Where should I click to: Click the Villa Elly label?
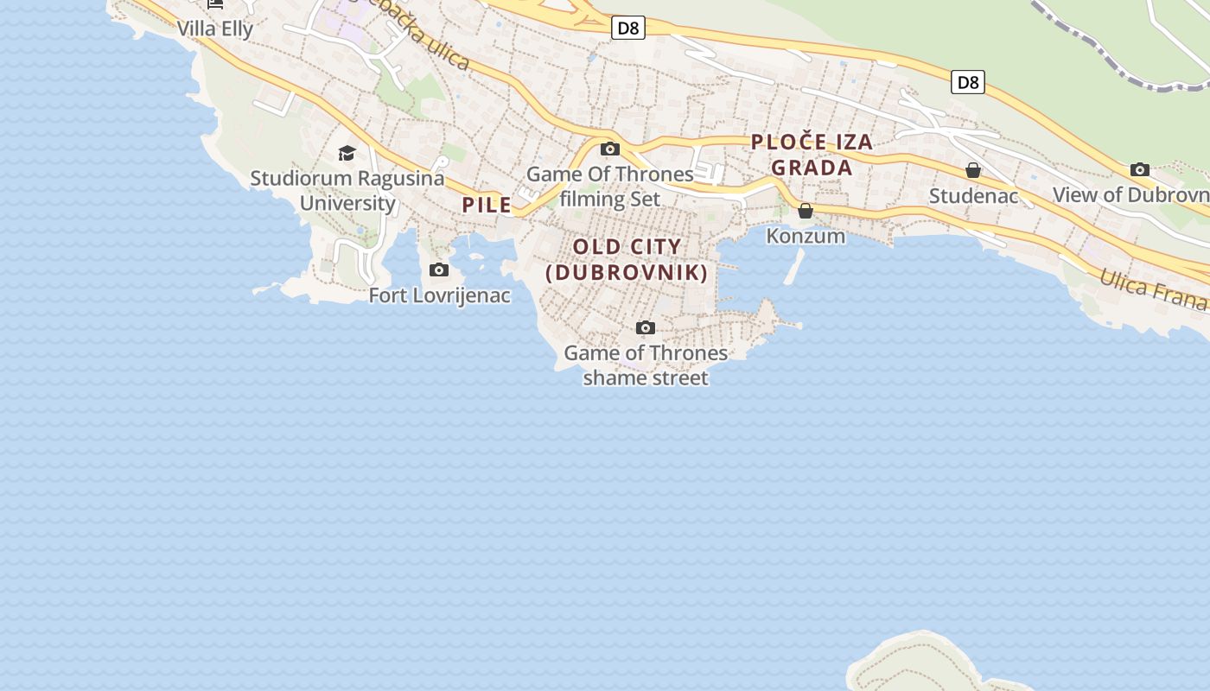pyautogui.click(x=215, y=29)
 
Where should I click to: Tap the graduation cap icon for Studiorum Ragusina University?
pyautogui.click(x=347, y=154)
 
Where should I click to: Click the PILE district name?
pyautogui.click(x=487, y=205)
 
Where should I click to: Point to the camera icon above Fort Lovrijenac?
pyautogui.click(x=439, y=269)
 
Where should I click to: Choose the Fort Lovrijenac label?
pyautogui.click(x=439, y=295)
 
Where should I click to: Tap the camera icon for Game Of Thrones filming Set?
pyautogui.click(x=610, y=149)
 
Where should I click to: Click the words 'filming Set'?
pyautogui.click(x=610, y=199)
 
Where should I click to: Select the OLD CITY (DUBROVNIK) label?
pyautogui.click(x=627, y=260)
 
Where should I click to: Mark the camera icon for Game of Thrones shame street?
pyautogui.click(x=646, y=327)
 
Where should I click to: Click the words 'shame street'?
pyautogui.click(x=646, y=377)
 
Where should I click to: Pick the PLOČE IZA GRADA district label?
pyautogui.click(x=812, y=155)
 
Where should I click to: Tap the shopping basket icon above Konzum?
pyautogui.click(x=806, y=211)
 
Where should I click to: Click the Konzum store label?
pyautogui.click(x=806, y=236)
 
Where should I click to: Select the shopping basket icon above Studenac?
pyautogui.click(x=973, y=170)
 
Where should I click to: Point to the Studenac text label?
pyautogui.click(x=973, y=196)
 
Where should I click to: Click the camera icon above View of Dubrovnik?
pyautogui.click(x=1140, y=169)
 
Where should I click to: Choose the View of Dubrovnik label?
pyautogui.click(x=1130, y=195)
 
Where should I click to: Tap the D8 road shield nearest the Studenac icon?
pyautogui.click(x=968, y=82)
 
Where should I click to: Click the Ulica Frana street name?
pyautogui.click(x=1153, y=288)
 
